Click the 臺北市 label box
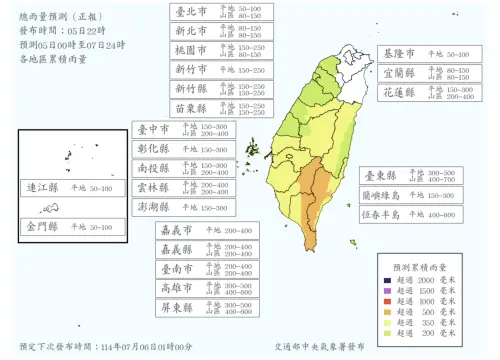click(219, 12)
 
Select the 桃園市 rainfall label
click(219, 50)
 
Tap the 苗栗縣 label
click(219, 108)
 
